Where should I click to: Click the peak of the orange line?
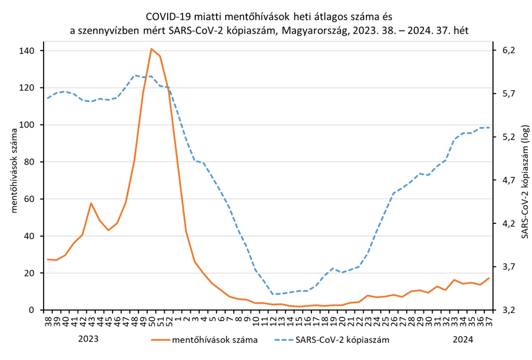151,49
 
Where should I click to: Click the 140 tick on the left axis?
26,51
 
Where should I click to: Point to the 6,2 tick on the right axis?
510,51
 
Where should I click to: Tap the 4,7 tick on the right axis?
510,180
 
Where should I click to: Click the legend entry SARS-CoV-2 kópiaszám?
342,339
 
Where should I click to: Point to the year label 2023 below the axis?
88,339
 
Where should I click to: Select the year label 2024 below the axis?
462,339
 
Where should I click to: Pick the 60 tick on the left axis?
29,199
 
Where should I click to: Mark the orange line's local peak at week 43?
91,203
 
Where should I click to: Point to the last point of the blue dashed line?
489,127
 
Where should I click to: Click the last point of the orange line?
489,278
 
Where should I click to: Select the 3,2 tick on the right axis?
510,310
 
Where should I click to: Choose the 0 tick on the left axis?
32,310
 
